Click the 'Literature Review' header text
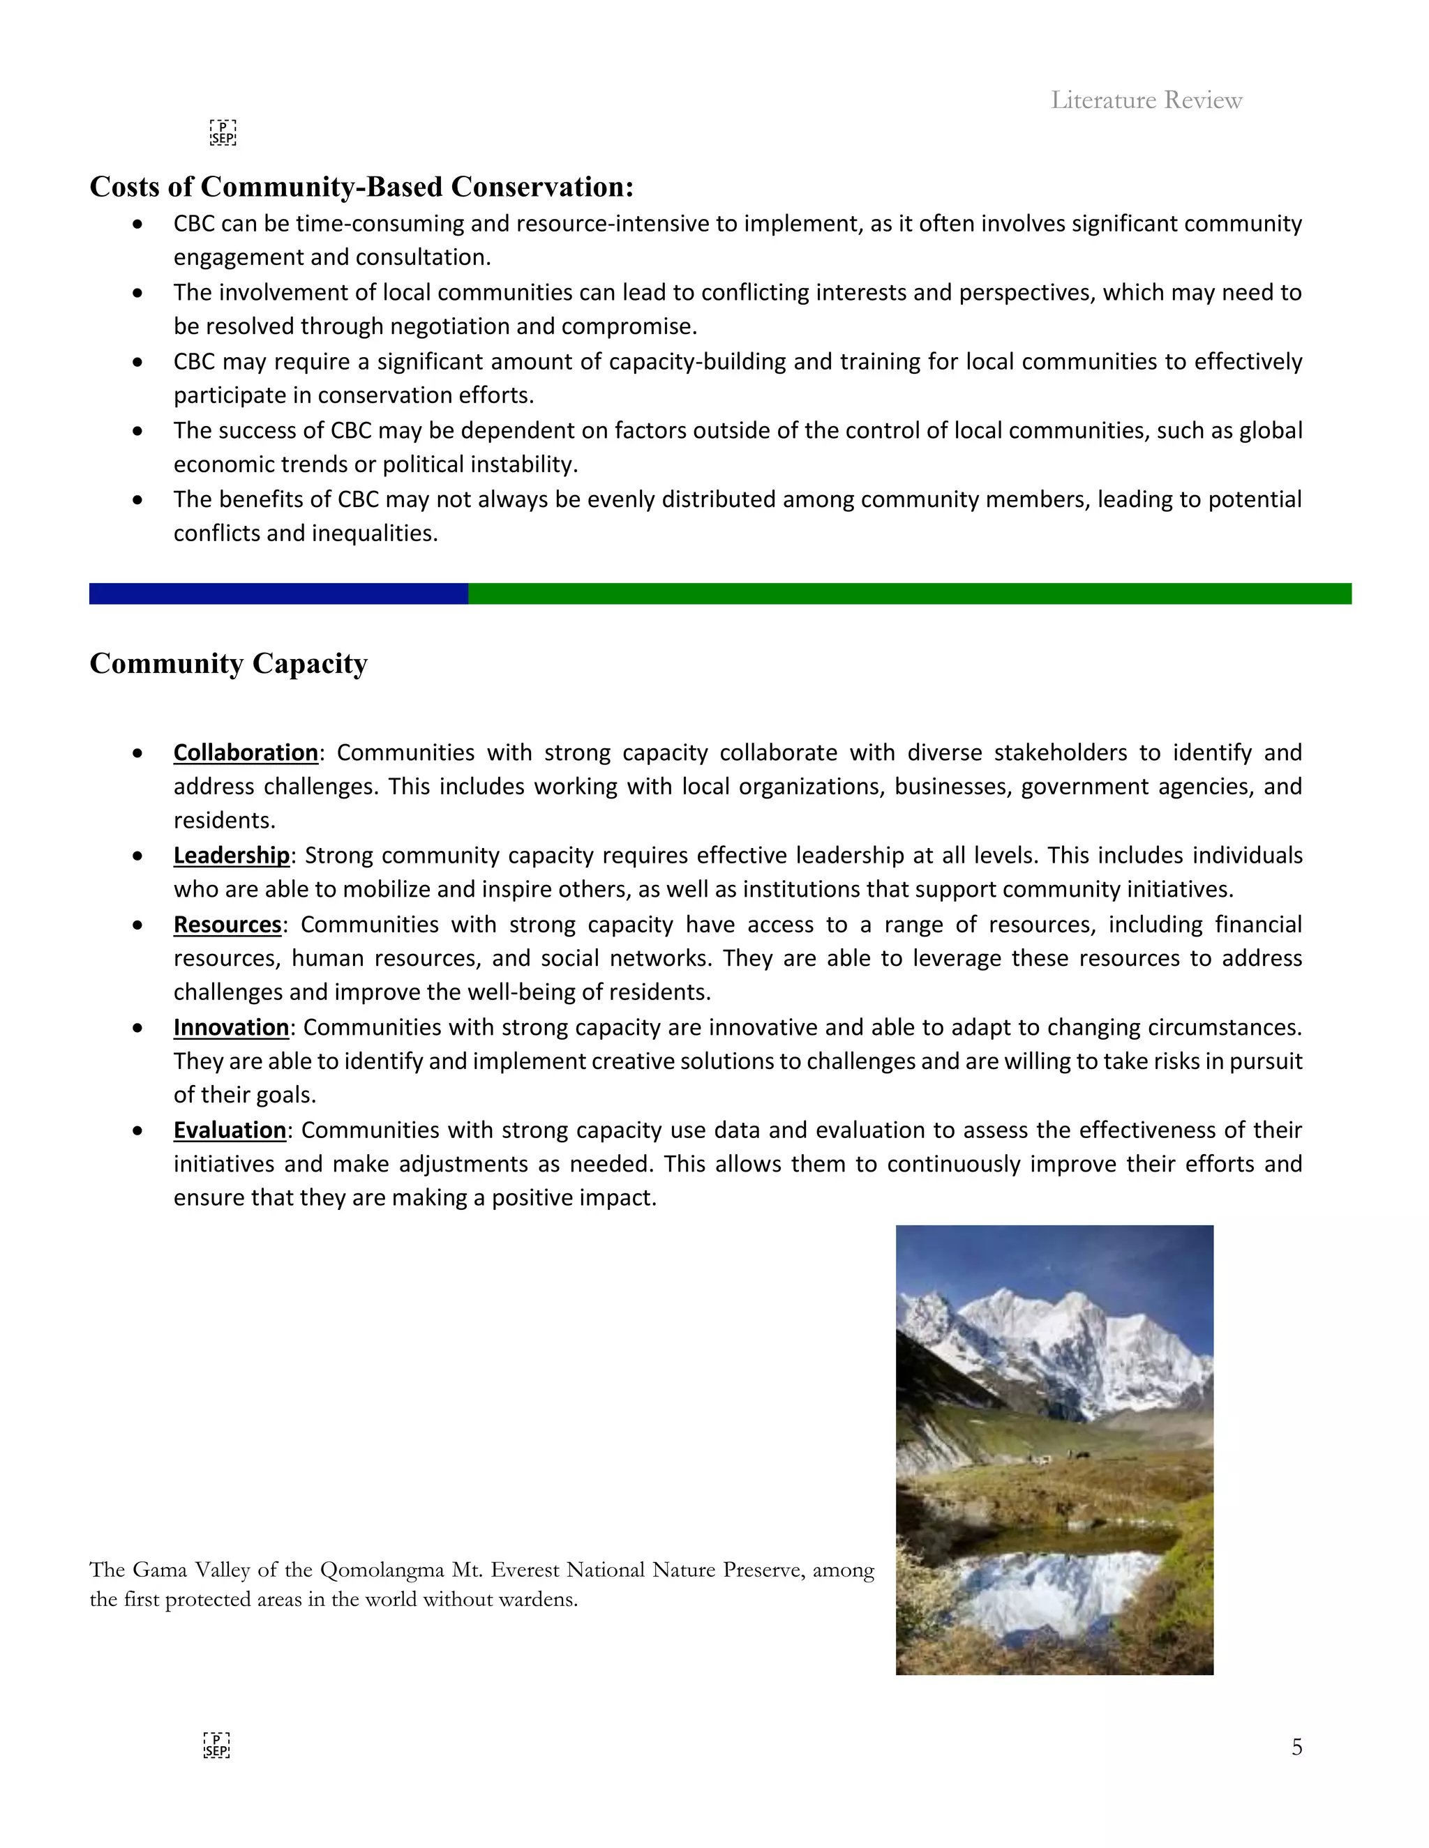tap(1146, 100)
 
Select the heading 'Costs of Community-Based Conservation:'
tap(361, 187)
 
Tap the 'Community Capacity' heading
tap(229, 663)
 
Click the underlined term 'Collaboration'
tap(246, 752)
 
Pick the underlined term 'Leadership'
tap(231, 856)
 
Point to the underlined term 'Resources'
tap(227, 924)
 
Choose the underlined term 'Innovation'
tap(231, 1027)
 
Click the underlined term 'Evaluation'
tap(230, 1130)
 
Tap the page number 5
tap(1296, 1748)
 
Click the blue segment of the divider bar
tap(278, 594)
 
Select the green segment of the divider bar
tap(909, 594)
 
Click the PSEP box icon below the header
tap(223, 132)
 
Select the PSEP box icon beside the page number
tap(217, 1745)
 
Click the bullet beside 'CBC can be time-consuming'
tap(137, 225)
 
